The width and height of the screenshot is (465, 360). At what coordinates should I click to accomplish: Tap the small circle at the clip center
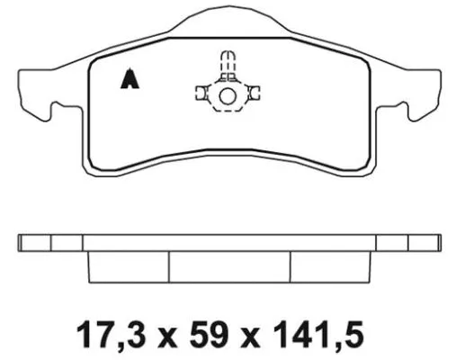[227, 96]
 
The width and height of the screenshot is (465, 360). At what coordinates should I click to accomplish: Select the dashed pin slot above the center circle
[227, 63]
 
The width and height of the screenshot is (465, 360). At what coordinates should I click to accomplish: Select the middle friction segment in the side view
[230, 266]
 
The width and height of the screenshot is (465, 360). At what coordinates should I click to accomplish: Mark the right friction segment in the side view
[331, 266]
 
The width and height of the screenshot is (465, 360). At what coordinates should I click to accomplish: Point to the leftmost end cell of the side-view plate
[34, 243]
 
